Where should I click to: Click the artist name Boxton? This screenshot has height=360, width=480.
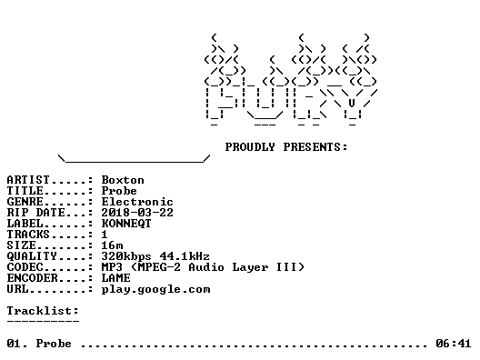tap(123, 180)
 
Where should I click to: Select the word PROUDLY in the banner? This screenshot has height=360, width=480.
tap(250, 147)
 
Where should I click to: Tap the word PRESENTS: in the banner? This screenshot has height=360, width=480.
tap(315, 147)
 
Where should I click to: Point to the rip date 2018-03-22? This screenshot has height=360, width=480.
tap(137, 213)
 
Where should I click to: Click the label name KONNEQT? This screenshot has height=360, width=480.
tap(126, 224)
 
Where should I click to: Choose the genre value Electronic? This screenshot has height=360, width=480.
tap(137, 202)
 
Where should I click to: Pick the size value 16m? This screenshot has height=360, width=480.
tap(113, 245)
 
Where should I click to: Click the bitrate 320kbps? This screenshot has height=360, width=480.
tap(126, 256)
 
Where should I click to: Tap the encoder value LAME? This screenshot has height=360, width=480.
tap(116, 278)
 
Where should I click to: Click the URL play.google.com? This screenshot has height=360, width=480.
tap(155, 290)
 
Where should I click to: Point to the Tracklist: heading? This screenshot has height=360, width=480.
tap(43, 311)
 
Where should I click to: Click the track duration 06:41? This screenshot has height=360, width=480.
tap(454, 344)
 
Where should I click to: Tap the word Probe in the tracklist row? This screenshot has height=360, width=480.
tap(54, 344)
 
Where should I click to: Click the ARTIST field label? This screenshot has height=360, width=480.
tap(28, 180)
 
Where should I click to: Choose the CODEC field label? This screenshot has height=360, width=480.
tap(25, 267)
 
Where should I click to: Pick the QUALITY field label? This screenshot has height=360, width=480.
tap(32, 256)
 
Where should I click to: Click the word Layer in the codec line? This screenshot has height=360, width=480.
tap(250, 267)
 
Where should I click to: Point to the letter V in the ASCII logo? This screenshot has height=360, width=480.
tap(352, 103)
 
